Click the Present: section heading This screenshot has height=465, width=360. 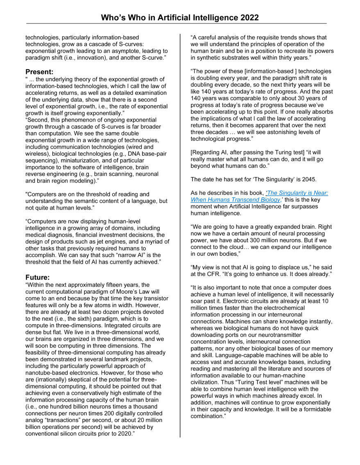tap(39, 72)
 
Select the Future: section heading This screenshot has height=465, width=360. tap(38, 277)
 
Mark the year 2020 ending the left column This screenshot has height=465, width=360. tap(124, 433)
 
